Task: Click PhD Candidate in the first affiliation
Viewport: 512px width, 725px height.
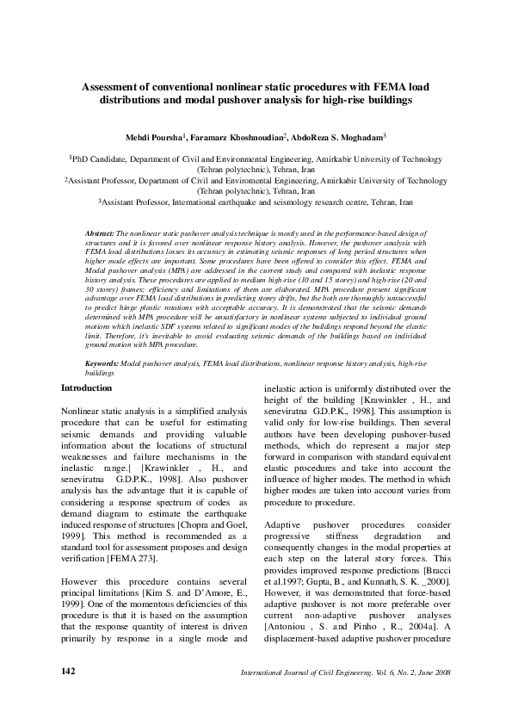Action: [x=99, y=159]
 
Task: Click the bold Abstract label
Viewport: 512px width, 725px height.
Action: [x=100, y=233]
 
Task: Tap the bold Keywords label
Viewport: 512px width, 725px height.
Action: [x=102, y=365]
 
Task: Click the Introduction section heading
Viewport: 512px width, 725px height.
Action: [x=86, y=388]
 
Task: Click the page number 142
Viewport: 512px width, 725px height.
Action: [x=71, y=670]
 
